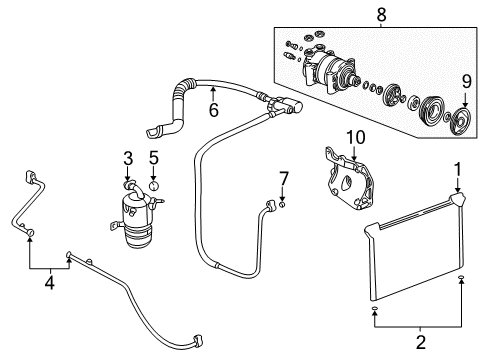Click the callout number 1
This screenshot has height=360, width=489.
click(x=458, y=169)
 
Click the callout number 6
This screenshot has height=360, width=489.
click(x=213, y=111)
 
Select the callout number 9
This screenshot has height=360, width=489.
click(x=465, y=80)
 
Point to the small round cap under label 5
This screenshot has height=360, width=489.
click(x=154, y=185)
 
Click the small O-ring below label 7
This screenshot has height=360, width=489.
click(x=283, y=206)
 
